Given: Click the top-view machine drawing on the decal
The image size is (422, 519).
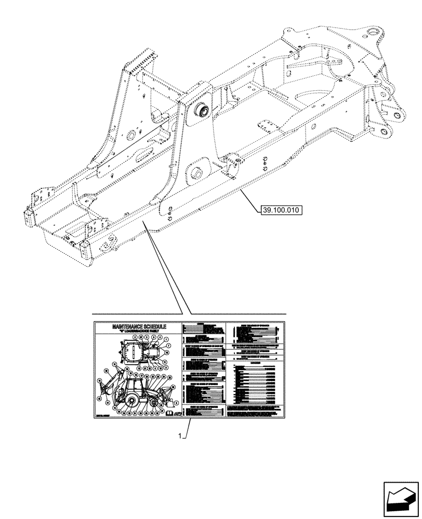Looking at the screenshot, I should [141, 351].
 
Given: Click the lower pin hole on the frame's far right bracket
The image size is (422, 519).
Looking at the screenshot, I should [385, 133].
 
